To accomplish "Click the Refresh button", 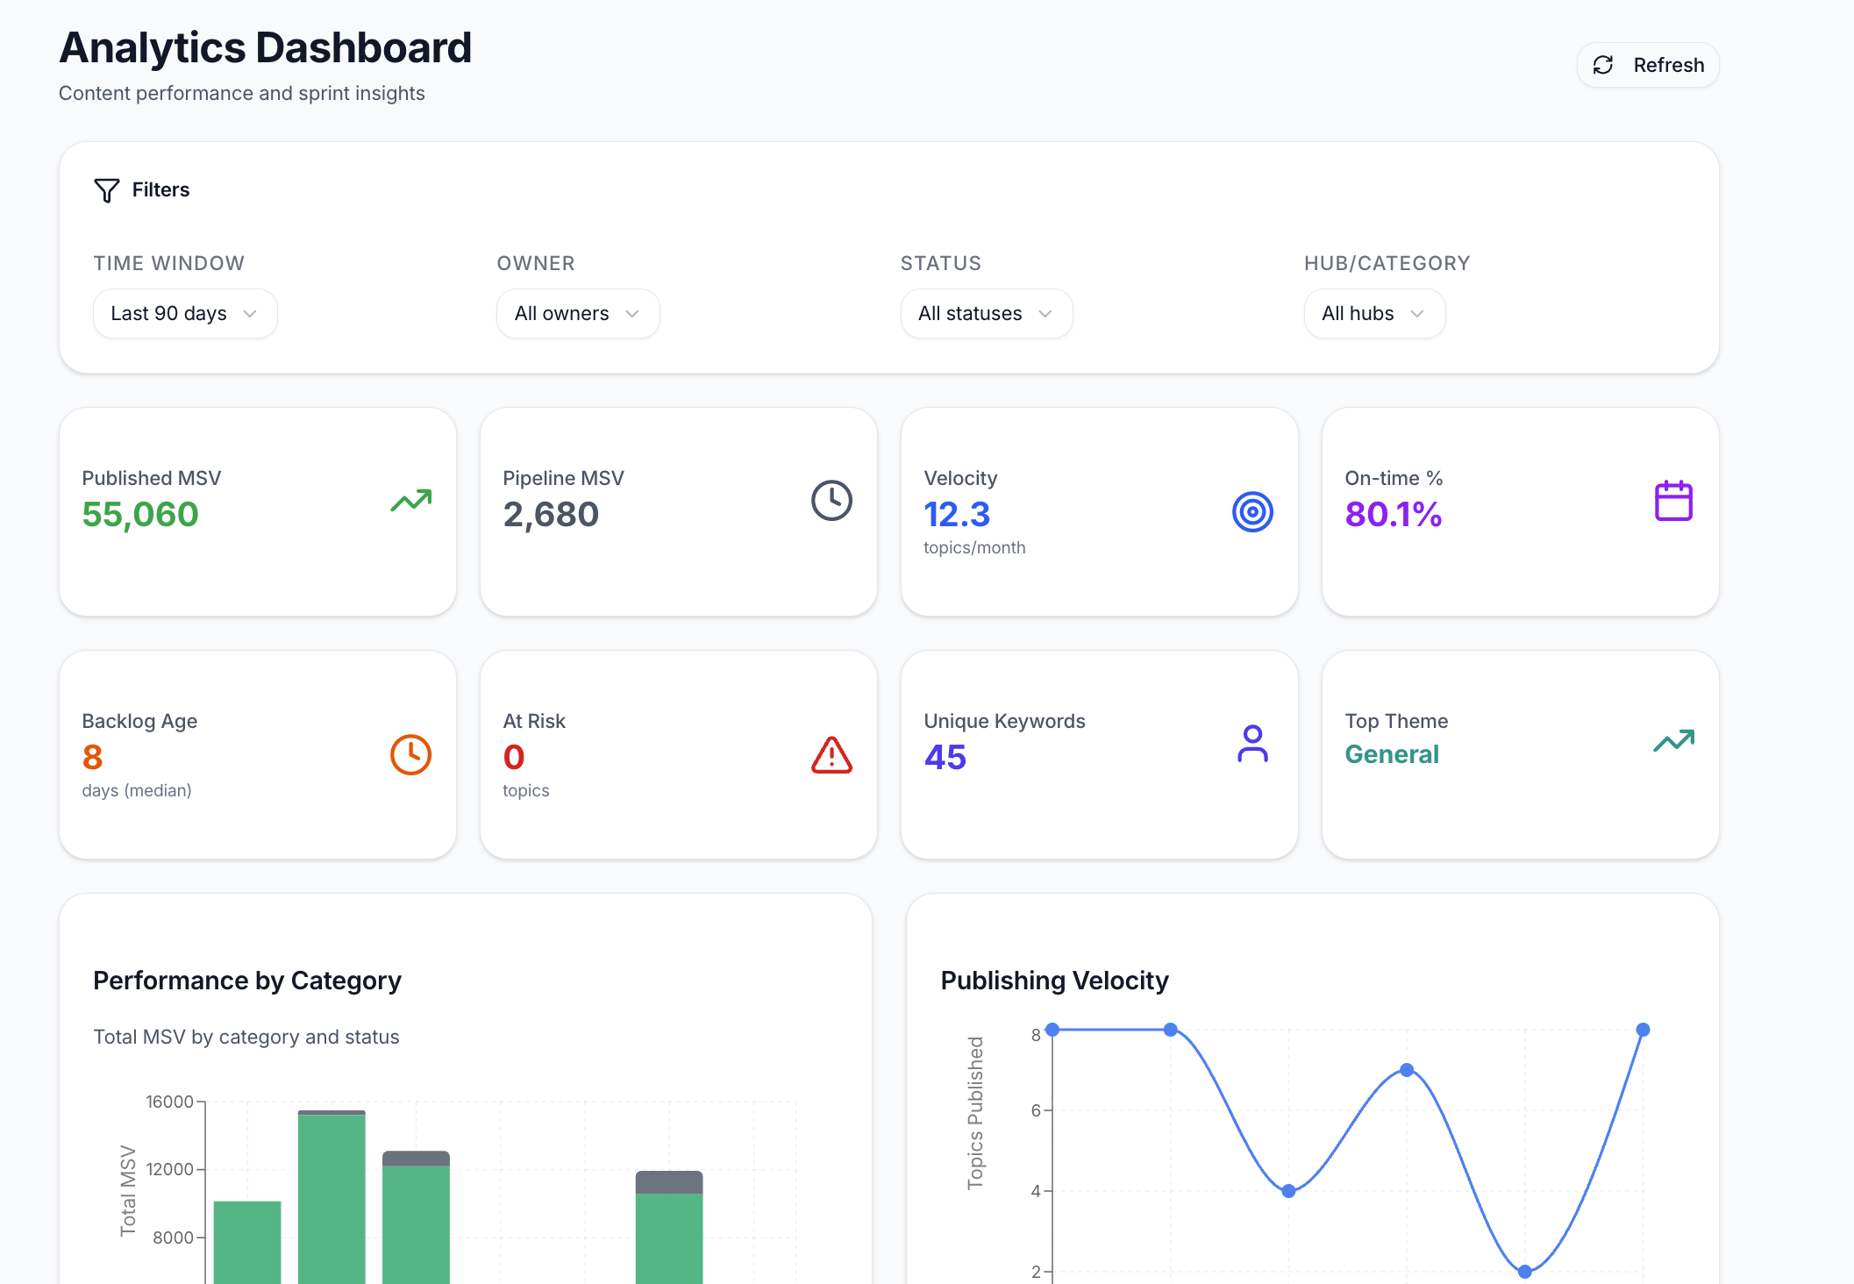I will pyautogui.click(x=1648, y=65).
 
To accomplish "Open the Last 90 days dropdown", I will pyautogui.click(x=185, y=313).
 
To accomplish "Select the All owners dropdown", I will pyautogui.click(x=578, y=313).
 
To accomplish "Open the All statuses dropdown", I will pyautogui.click(x=986, y=313).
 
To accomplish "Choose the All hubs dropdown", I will pyautogui.click(x=1374, y=313).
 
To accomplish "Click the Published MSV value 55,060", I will pyautogui.click(x=140, y=514).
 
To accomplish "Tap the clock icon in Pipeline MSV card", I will pyautogui.click(x=831, y=501).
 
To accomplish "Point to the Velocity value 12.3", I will pyautogui.click(x=957, y=514).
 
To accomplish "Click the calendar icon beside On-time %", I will pyautogui.click(x=1673, y=501).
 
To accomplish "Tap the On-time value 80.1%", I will pyautogui.click(x=1393, y=514).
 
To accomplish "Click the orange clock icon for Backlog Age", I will pyautogui.click(x=410, y=754).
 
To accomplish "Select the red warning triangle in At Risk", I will pyautogui.click(x=831, y=755).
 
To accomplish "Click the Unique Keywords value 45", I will pyautogui.click(x=945, y=757).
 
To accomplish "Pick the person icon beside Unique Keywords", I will pyautogui.click(x=1252, y=744).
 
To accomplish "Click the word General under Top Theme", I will pyautogui.click(x=1392, y=754).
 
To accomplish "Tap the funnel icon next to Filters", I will pyautogui.click(x=106, y=190).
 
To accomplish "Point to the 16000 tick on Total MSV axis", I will pyautogui.click(x=169, y=1102).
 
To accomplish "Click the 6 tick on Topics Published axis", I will pyautogui.click(x=1036, y=1110).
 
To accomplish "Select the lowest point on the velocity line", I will pyautogui.click(x=1524, y=1271).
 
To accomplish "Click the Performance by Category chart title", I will pyautogui.click(x=247, y=981).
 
